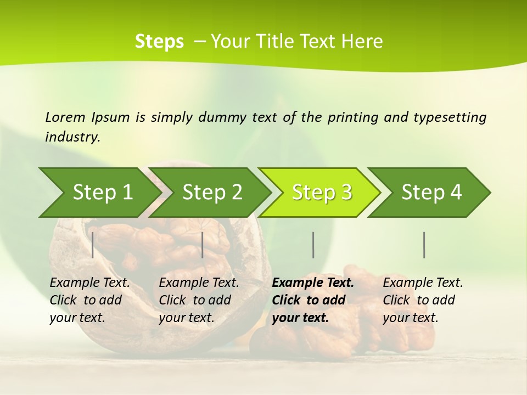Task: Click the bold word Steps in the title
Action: pos(159,41)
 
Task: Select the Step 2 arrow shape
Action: pos(212,193)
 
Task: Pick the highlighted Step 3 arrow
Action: pos(322,193)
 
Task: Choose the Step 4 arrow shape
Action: pos(431,193)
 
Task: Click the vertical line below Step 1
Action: pos(93,245)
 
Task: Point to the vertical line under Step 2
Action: pos(203,245)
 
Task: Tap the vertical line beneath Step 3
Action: pos(313,245)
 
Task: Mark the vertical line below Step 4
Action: pos(424,245)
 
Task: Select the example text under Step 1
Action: pos(89,300)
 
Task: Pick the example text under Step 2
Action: pos(199,300)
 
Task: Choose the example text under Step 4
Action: pos(423,300)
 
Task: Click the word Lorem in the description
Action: pos(65,117)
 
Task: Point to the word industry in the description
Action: pos(72,137)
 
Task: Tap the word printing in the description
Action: pos(353,117)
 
